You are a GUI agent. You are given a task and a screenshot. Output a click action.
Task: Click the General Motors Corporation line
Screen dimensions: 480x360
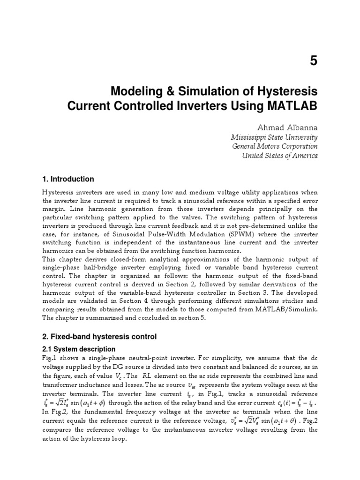coord(275,146)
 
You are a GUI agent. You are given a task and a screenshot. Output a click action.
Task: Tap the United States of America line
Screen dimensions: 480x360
coord(279,156)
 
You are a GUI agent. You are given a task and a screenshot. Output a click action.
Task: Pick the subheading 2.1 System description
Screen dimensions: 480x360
coord(79,349)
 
